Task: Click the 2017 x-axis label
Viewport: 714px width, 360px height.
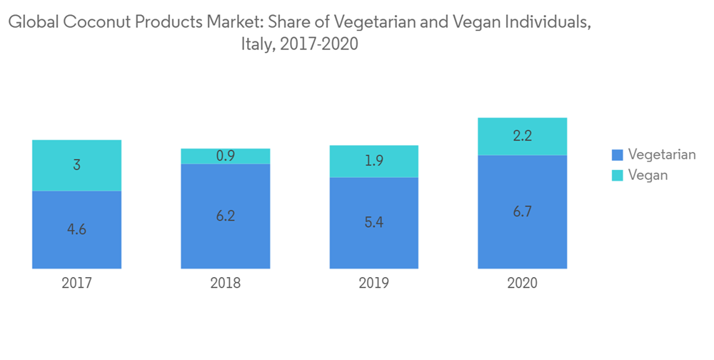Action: (x=76, y=283)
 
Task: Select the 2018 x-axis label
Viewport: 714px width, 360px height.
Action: (x=225, y=283)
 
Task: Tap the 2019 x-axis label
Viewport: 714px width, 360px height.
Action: (x=373, y=283)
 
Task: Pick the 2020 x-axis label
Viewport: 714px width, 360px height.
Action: (x=522, y=283)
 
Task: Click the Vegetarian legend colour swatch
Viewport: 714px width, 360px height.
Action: (x=618, y=155)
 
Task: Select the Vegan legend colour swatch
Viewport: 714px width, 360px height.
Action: (x=618, y=175)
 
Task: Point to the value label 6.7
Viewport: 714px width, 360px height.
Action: (x=522, y=211)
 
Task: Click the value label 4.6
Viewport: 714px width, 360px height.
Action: (x=76, y=229)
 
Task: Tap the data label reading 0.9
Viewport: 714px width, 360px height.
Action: (x=226, y=156)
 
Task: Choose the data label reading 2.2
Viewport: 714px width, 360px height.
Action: (x=522, y=136)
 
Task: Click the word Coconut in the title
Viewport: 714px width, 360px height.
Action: (x=95, y=22)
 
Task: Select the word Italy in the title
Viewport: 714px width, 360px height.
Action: (x=258, y=44)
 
